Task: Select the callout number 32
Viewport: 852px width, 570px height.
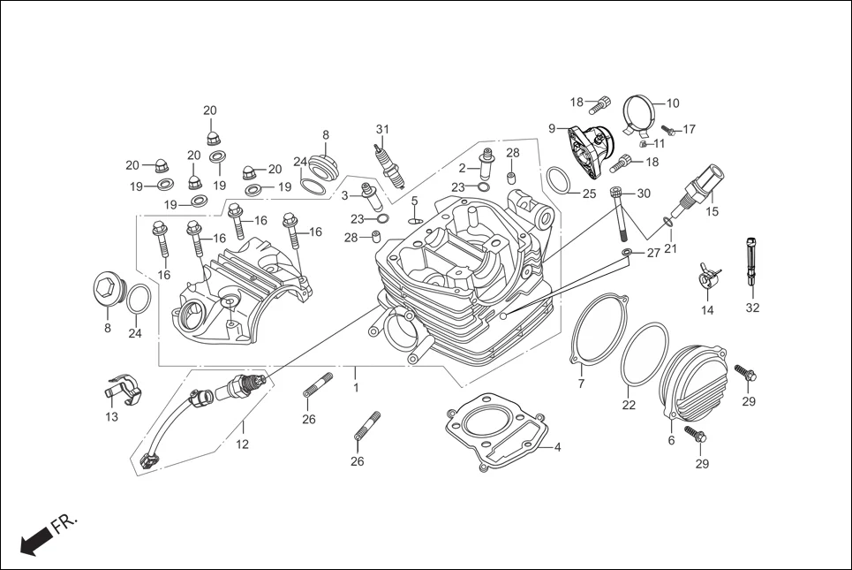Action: click(x=751, y=308)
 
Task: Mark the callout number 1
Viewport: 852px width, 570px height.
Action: click(x=356, y=387)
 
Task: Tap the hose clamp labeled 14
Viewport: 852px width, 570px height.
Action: click(x=708, y=277)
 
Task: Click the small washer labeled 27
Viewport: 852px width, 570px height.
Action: click(x=627, y=253)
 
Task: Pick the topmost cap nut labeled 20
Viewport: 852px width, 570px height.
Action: click(x=212, y=136)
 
